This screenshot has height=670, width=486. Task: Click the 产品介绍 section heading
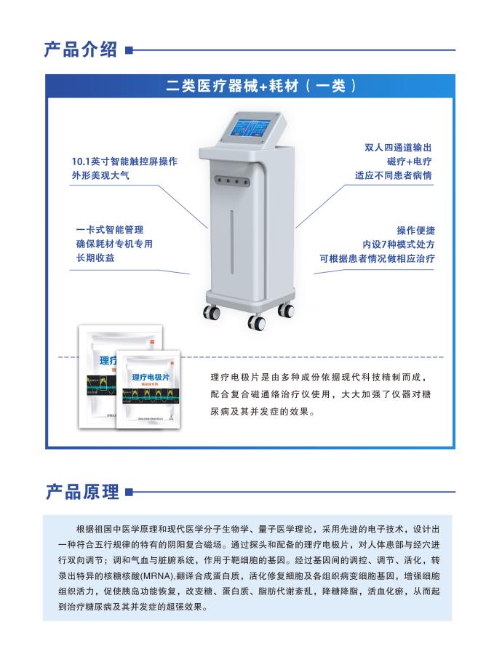tap(81, 49)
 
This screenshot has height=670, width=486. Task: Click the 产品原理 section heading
tap(81, 492)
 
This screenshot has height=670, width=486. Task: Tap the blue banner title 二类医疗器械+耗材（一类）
tap(260, 86)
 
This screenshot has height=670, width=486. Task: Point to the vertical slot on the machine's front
tap(231, 247)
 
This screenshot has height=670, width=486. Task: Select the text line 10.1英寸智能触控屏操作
tap(124, 161)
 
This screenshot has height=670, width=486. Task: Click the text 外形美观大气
tap(100, 175)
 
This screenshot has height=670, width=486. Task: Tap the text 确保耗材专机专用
tap(114, 244)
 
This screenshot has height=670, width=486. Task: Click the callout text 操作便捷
tap(415, 230)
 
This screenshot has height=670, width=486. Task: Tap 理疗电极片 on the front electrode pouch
tap(152, 377)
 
